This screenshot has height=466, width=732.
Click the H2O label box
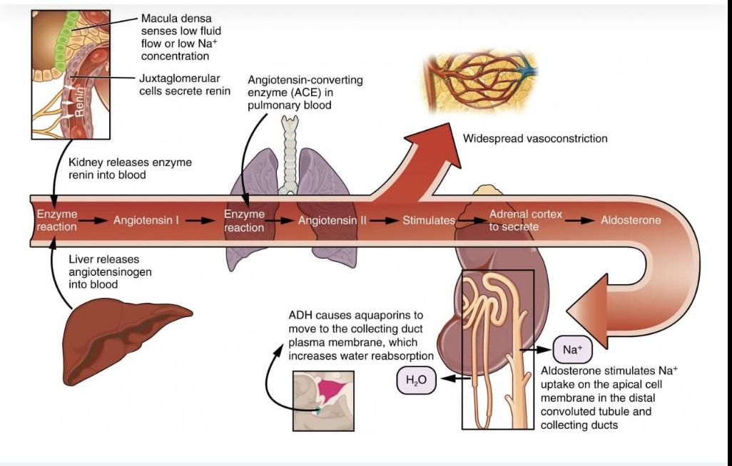[416, 380]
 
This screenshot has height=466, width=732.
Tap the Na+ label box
[572, 349]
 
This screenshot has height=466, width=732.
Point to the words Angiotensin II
[332, 220]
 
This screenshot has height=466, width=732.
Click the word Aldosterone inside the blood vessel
[631, 220]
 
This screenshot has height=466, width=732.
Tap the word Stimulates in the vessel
[429, 220]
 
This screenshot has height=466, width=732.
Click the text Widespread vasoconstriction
[535, 138]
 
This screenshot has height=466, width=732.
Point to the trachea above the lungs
[289, 154]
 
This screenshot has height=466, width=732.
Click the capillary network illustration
[481, 82]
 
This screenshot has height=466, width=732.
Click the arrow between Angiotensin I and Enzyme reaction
[200, 220]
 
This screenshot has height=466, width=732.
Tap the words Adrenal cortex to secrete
[525, 220]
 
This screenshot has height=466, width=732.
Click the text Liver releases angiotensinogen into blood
[110, 271]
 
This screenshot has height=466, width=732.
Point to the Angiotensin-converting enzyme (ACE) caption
[305, 93]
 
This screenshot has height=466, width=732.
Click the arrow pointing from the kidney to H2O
[455, 379]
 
